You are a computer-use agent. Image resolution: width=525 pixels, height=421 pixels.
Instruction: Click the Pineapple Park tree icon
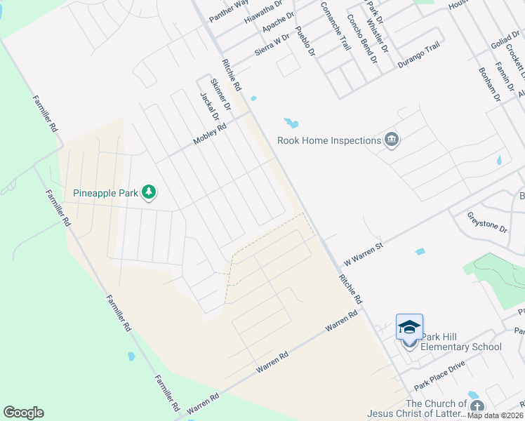[x=148, y=192]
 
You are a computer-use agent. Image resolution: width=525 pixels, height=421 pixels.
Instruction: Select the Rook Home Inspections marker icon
[x=392, y=140]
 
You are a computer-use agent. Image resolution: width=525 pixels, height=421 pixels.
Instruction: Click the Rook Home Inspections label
[x=328, y=140]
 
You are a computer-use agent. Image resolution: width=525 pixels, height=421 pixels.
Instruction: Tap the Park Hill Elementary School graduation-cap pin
[x=409, y=328]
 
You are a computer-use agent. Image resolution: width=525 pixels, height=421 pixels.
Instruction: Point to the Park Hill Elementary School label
[x=461, y=347]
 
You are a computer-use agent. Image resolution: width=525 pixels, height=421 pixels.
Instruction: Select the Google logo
[x=23, y=413]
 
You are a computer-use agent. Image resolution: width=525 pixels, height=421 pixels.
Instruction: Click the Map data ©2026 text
[x=496, y=415]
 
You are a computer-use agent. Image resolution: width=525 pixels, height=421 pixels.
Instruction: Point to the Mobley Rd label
[x=210, y=135]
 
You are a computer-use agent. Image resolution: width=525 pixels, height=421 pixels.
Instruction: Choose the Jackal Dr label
[x=210, y=107]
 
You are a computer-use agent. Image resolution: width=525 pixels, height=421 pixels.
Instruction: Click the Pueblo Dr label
[x=305, y=41]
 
